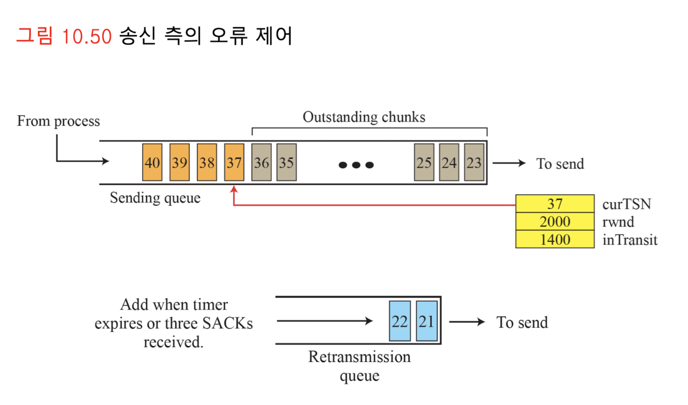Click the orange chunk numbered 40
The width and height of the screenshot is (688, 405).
tap(152, 162)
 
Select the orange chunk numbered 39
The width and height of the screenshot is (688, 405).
tap(179, 162)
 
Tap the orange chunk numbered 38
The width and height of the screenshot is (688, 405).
tap(207, 162)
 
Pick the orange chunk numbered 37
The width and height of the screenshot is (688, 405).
tap(234, 162)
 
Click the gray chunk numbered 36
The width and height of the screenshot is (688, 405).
tap(261, 162)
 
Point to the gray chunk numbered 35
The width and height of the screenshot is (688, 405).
tap(286, 162)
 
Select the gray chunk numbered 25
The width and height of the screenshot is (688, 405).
tap(424, 162)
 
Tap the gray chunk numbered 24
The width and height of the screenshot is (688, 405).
tap(449, 162)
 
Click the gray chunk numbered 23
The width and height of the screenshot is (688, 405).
tap(474, 162)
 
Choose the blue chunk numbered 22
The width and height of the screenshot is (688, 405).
tap(399, 321)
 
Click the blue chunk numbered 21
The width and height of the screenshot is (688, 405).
tap(427, 321)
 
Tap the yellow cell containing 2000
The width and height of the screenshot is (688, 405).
tap(555, 222)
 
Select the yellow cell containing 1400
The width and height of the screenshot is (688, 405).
tap(555, 240)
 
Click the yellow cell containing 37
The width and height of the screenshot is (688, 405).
tap(555, 203)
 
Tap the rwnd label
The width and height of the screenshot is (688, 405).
tap(618, 222)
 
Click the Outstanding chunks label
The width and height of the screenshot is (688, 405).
tap(364, 118)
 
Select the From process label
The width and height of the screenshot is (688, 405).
tap(58, 121)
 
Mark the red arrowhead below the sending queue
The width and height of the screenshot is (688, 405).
tap(234, 190)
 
